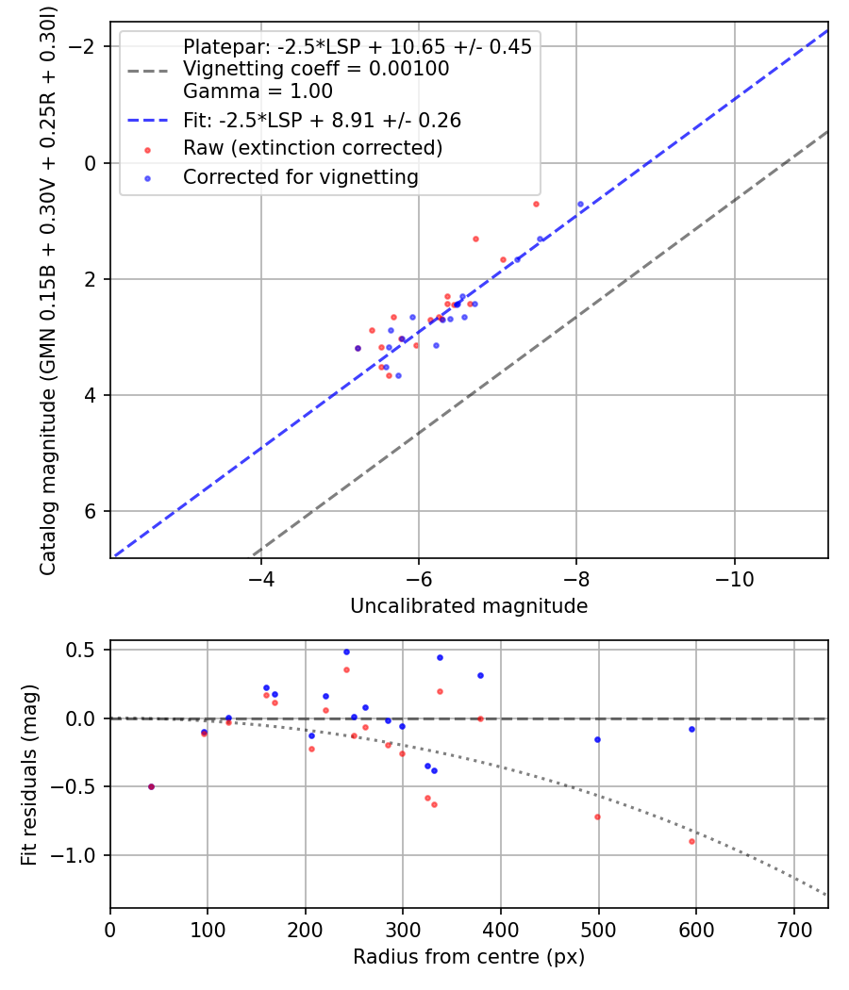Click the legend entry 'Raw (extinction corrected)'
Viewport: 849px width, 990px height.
pos(312,148)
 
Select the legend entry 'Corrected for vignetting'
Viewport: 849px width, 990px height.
pos(301,177)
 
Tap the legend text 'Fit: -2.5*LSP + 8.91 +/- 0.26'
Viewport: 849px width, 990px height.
pos(323,120)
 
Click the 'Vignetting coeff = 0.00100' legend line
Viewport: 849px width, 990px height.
pos(316,68)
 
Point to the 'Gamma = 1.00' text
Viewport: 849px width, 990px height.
pos(258,91)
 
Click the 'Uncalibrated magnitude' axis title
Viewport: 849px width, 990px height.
pos(469,606)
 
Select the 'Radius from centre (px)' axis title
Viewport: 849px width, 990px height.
pos(469,957)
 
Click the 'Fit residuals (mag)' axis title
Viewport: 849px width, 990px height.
pos(29,775)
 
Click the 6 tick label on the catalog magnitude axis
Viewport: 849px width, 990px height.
pos(91,511)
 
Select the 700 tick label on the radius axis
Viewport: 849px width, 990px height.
pos(793,930)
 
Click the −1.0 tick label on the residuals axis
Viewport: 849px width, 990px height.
pos(74,855)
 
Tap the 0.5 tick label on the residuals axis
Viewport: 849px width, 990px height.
pos(81,650)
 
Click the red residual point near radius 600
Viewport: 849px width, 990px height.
pos(691,842)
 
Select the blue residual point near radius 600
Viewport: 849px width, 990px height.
pos(691,729)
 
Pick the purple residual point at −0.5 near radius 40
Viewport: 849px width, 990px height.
pos(151,786)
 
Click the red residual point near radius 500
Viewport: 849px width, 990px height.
pos(597,817)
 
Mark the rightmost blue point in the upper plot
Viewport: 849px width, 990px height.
pos(580,204)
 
